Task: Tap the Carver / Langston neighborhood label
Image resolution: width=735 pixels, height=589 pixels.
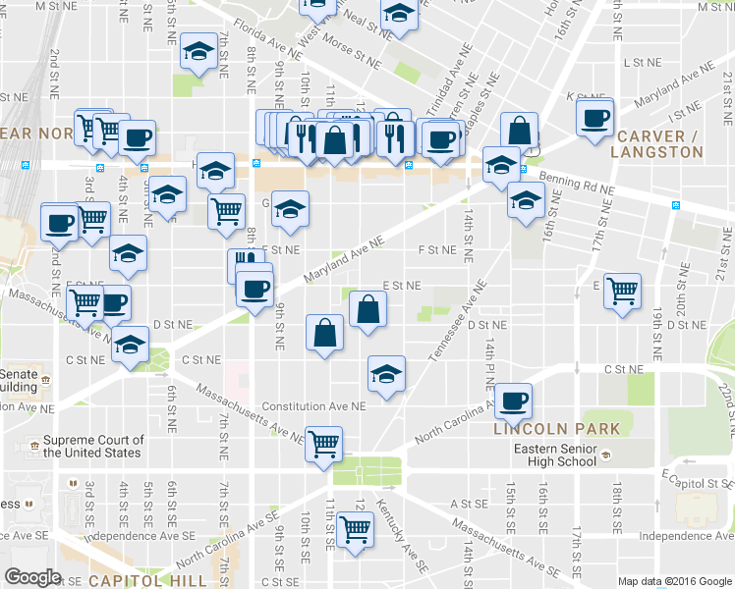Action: coord(656,143)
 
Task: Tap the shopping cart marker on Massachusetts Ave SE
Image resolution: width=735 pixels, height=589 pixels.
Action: coord(355,530)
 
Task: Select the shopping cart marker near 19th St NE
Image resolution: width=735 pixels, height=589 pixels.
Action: coord(622,290)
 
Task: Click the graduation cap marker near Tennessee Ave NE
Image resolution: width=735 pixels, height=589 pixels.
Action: coord(386,373)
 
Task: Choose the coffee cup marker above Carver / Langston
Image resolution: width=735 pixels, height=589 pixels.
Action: coord(594,117)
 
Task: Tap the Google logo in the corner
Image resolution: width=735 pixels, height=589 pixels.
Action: coord(31,576)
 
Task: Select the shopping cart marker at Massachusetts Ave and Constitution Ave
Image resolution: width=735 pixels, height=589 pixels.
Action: coord(323,443)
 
